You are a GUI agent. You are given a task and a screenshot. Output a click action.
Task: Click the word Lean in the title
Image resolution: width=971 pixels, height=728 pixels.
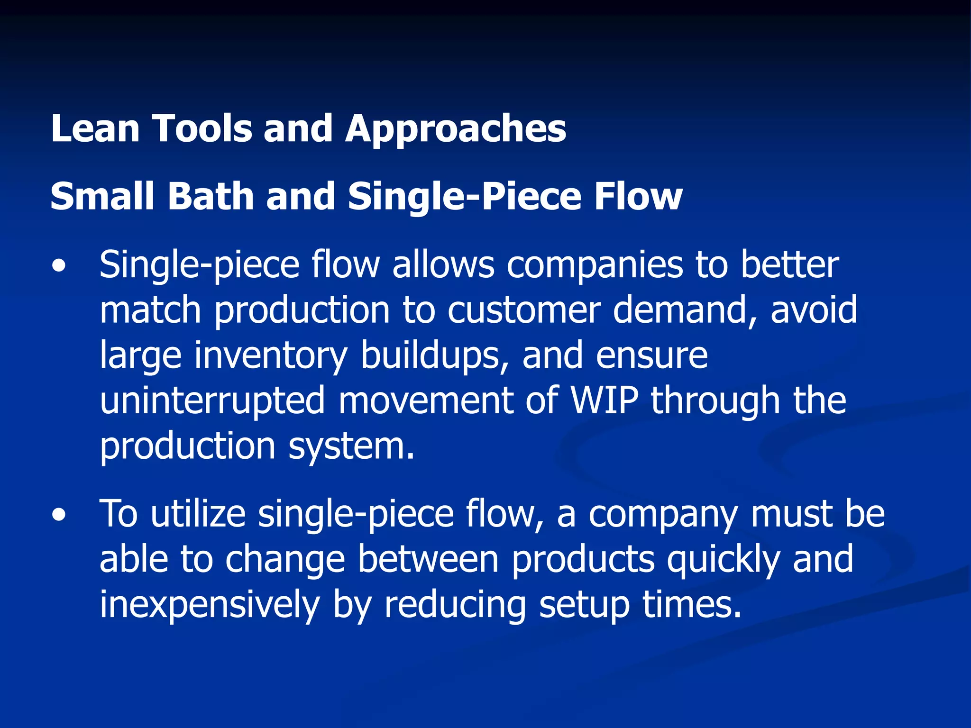tap(95, 128)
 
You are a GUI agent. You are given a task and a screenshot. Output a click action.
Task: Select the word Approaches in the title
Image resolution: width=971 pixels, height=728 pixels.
tap(456, 129)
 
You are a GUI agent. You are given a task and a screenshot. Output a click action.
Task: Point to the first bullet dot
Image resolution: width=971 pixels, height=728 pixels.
tap(59, 266)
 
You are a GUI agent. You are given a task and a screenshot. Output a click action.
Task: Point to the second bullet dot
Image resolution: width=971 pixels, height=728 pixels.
tap(59, 516)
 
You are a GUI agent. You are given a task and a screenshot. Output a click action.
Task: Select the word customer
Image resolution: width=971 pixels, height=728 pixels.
tap(524, 310)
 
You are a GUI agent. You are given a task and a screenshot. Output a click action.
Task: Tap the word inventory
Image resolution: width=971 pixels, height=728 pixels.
tap(271, 355)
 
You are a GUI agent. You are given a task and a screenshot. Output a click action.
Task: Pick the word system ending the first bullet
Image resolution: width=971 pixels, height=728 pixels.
tap(351, 446)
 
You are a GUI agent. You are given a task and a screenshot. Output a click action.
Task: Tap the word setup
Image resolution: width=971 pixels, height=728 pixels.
tap(585, 605)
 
